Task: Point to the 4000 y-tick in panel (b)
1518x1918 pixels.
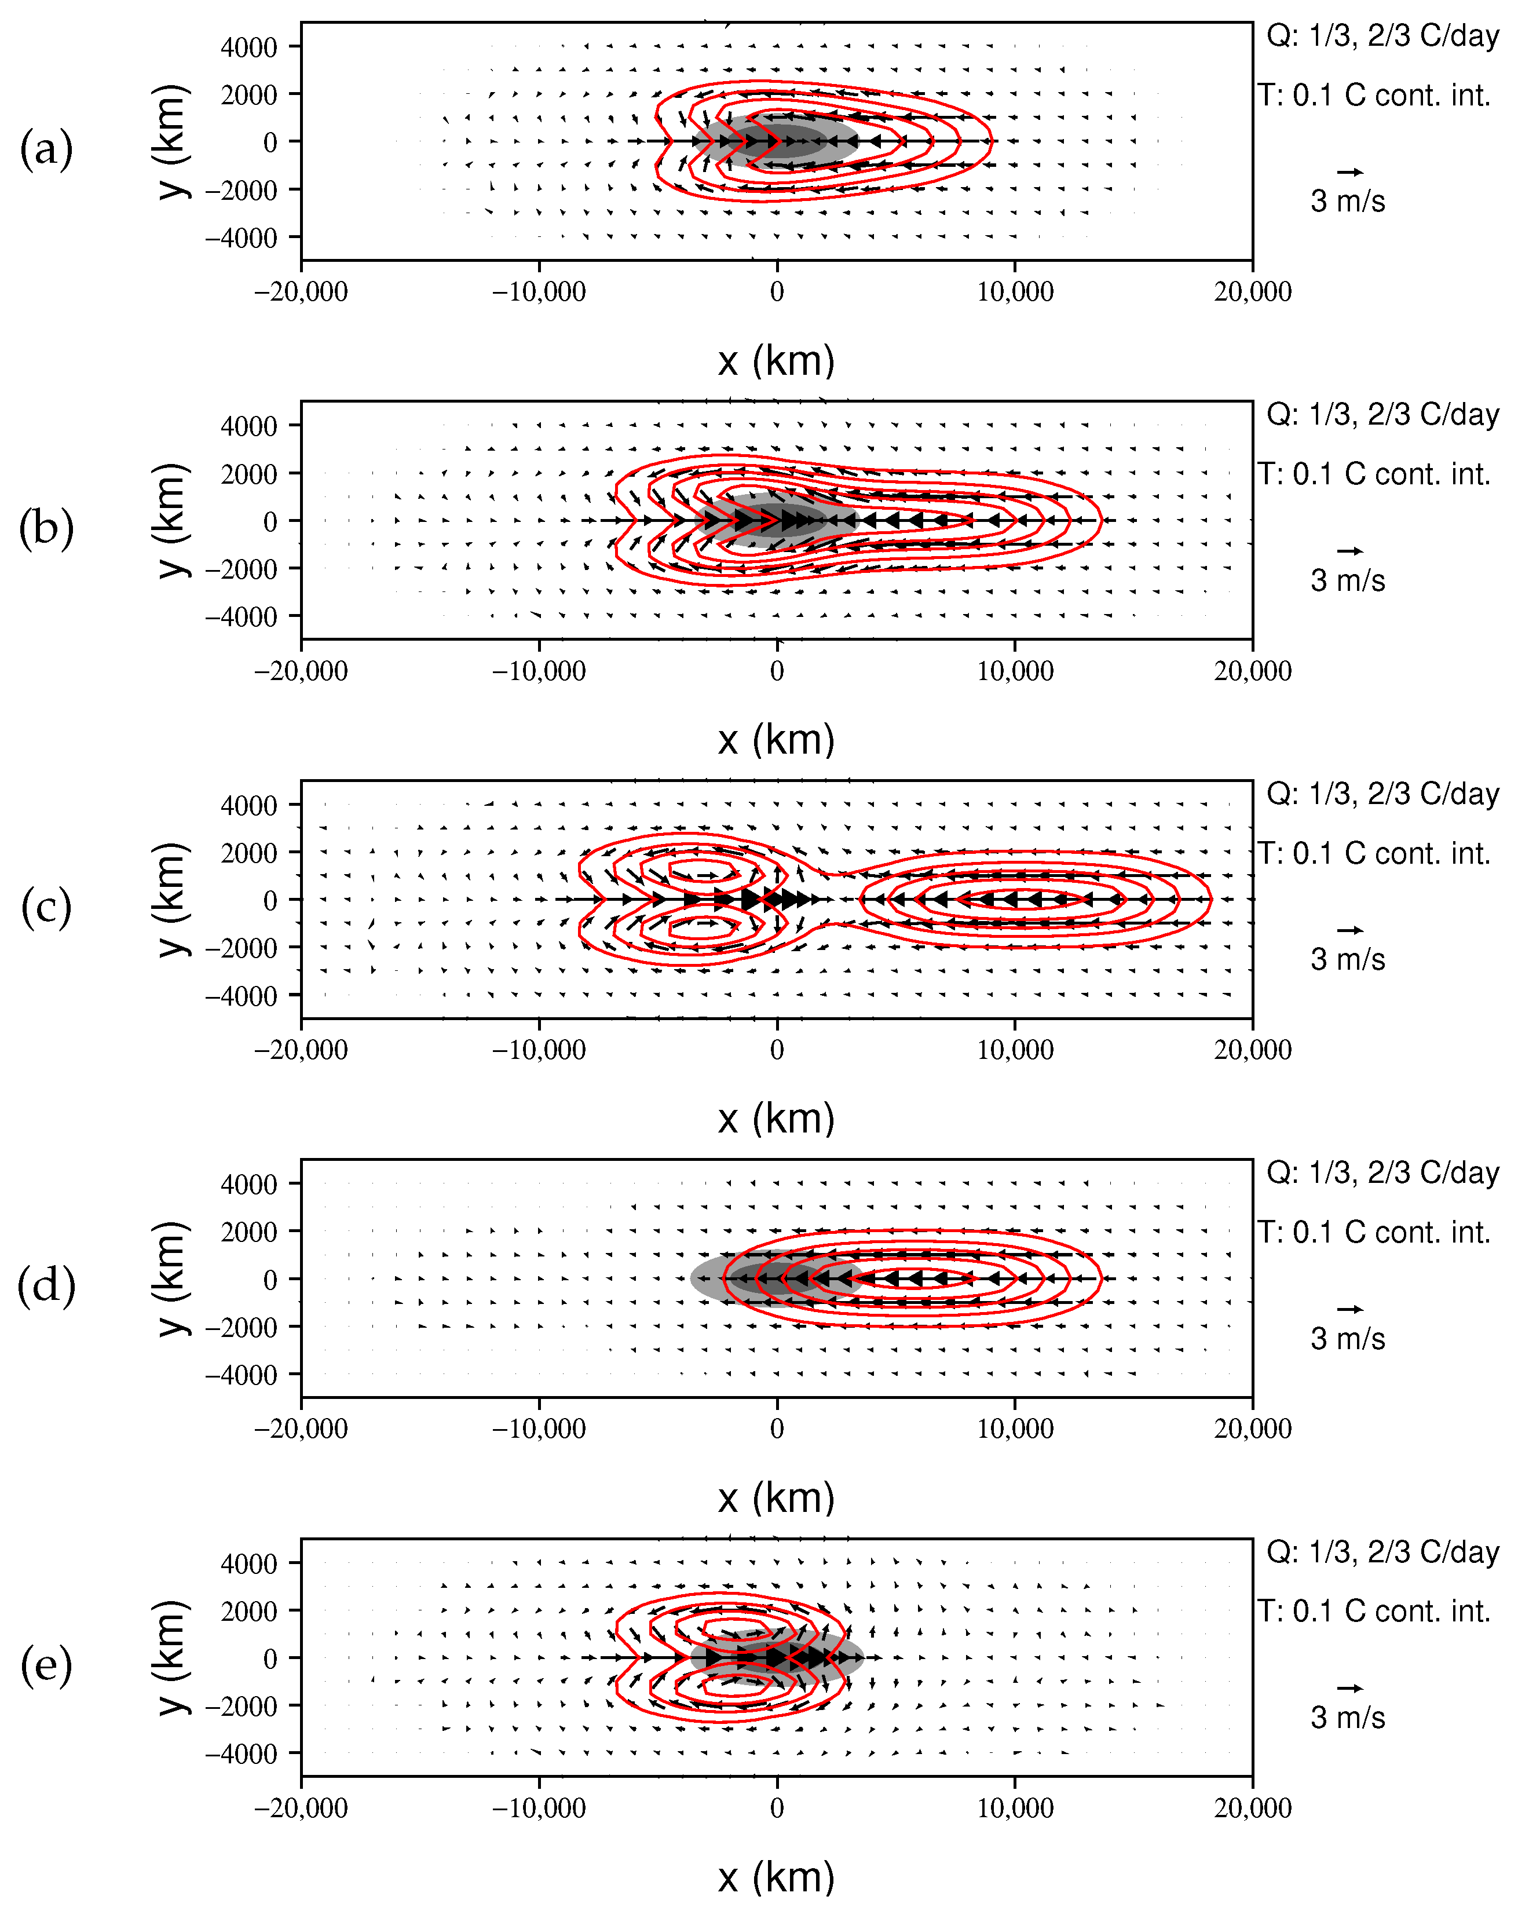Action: [x=249, y=426]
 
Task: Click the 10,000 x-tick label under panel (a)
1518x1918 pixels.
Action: [x=1015, y=291]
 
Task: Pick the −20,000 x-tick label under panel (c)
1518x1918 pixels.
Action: [x=301, y=1050]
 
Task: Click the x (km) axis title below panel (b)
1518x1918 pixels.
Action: [x=776, y=740]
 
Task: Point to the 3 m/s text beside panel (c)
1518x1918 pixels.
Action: [x=1347, y=960]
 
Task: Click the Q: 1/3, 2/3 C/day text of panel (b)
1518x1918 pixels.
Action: [x=1382, y=415]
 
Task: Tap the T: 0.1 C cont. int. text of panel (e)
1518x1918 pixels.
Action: [x=1374, y=1612]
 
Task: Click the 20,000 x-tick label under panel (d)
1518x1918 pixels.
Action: [x=1252, y=1429]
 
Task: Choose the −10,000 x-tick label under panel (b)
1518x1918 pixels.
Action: [x=539, y=671]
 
